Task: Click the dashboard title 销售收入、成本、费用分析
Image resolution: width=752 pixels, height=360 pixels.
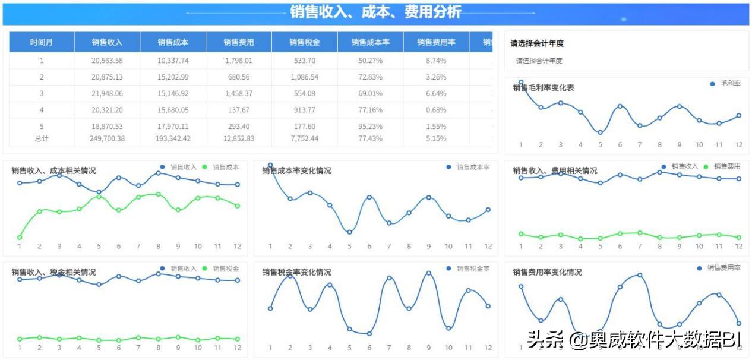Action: (375, 12)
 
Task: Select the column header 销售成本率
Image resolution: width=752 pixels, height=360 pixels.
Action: (370, 42)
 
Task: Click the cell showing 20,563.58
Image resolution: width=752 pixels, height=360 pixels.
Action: (107, 61)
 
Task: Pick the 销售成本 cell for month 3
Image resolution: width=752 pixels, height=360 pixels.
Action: (173, 94)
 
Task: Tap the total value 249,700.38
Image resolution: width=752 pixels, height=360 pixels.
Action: (107, 138)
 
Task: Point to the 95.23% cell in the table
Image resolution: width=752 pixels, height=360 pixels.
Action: (370, 127)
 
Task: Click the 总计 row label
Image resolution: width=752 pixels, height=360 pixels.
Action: (42, 138)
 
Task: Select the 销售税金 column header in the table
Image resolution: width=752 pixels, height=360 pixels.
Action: (305, 42)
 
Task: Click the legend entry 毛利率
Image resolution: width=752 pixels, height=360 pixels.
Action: (725, 84)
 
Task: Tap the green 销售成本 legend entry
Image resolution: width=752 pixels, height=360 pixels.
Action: (221, 168)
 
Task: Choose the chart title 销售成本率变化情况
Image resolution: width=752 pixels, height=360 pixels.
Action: (297, 170)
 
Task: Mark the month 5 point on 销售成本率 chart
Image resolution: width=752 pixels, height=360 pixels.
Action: (349, 232)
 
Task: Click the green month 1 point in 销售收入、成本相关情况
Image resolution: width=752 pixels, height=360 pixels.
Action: (20, 238)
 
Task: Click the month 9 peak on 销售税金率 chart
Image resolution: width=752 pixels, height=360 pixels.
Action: (428, 273)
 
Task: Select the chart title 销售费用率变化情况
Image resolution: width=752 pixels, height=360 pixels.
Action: (548, 272)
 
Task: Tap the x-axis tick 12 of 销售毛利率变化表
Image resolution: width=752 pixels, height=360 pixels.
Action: (739, 145)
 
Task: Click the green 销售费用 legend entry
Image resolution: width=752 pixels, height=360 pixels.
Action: (722, 166)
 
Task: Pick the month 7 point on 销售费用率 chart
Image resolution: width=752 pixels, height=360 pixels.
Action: (640, 275)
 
